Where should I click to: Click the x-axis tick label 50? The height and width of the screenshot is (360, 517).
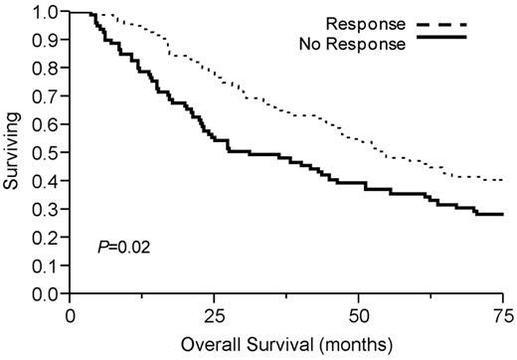(x=360, y=315)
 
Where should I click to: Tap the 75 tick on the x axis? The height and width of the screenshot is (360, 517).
(x=504, y=315)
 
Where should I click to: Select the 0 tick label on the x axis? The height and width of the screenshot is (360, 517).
(x=70, y=315)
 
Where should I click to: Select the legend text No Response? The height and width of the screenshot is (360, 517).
(x=357, y=40)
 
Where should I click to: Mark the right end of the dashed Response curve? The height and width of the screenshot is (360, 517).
(x=504, y=180)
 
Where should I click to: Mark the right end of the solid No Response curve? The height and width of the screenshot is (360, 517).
(x=504, y=214)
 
